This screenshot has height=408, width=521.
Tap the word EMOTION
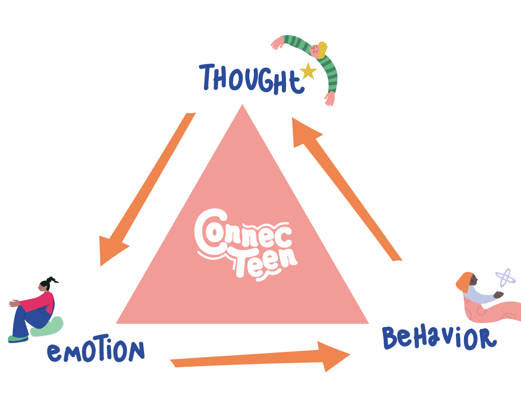[x=96, y=351]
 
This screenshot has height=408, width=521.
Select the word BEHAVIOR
[x=439, y=338]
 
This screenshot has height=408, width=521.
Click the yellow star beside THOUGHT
[x=308, y=71]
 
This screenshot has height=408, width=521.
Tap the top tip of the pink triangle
[x=243, y=107]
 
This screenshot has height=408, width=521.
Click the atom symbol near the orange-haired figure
[x=505, y=278]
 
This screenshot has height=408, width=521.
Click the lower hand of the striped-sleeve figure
[x=330, y=98]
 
